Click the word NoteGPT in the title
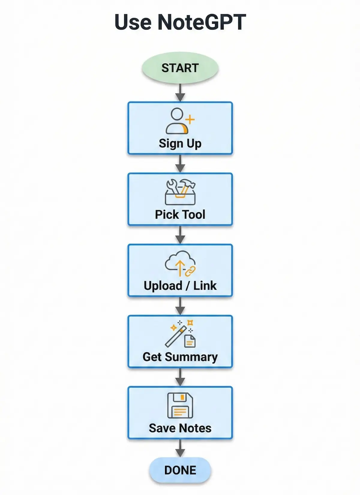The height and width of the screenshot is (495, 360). click(x=202, y=22)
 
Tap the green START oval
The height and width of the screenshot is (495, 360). click(x=180, y=68)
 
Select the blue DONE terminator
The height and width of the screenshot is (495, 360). click(x=180, y=470)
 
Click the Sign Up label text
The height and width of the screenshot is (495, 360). click(x=180, y=143)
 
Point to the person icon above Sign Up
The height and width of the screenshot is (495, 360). click(x=177, y=121)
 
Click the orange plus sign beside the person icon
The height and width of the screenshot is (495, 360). click(x=190, y=120)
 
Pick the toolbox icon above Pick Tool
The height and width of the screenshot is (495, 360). click(x=180, y=192)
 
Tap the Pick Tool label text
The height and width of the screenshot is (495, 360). click(x=180, y=214)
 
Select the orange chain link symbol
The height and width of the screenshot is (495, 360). click(x=190, y=271)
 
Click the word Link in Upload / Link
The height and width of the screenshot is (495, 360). click(x=205, y=285)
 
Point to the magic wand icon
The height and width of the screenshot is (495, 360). click(x=176, y=336)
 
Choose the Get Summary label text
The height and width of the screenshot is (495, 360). click(x=180, y=357)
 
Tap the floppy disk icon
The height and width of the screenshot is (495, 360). click(x=180, y=405)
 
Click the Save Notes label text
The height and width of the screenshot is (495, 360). click(x=180, y=428)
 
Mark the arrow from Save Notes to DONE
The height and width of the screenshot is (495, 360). click(x=180, y=448)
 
